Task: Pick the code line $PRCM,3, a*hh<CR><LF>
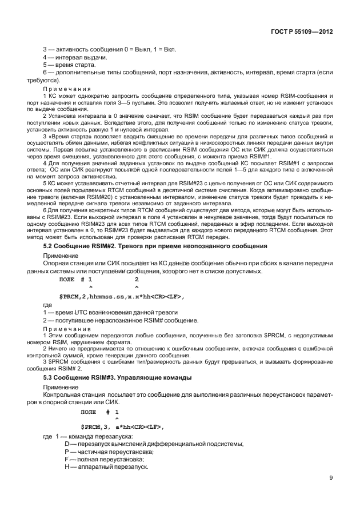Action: point(123,427)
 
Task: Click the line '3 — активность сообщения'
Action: point(110,49)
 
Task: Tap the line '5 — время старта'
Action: point(71,65)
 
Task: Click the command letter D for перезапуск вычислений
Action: point(67,444)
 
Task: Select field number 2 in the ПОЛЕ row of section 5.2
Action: point(136,279)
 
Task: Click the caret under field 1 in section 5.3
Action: point(117,419)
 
